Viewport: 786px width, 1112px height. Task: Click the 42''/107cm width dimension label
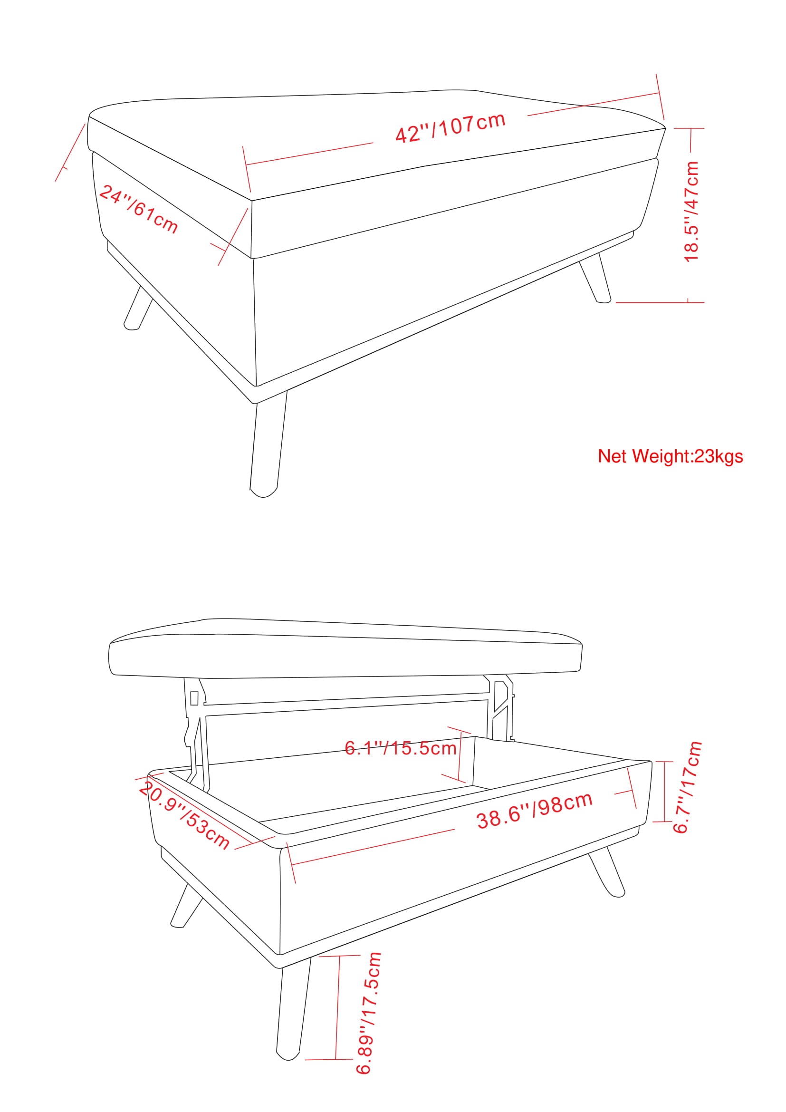[451, 127]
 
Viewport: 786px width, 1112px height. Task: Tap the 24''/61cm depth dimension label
[138, 209]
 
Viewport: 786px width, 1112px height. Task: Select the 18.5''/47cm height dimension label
[691, 212]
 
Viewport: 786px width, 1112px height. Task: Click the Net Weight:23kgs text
[671, 456]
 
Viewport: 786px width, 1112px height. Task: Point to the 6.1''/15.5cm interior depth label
[401, 748]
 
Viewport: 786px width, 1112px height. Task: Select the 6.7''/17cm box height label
[688, 787]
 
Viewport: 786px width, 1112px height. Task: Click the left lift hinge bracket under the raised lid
[197, 733]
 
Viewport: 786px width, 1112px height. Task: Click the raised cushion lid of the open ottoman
[345, 649]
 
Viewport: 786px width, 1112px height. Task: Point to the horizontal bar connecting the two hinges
[346, 703]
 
